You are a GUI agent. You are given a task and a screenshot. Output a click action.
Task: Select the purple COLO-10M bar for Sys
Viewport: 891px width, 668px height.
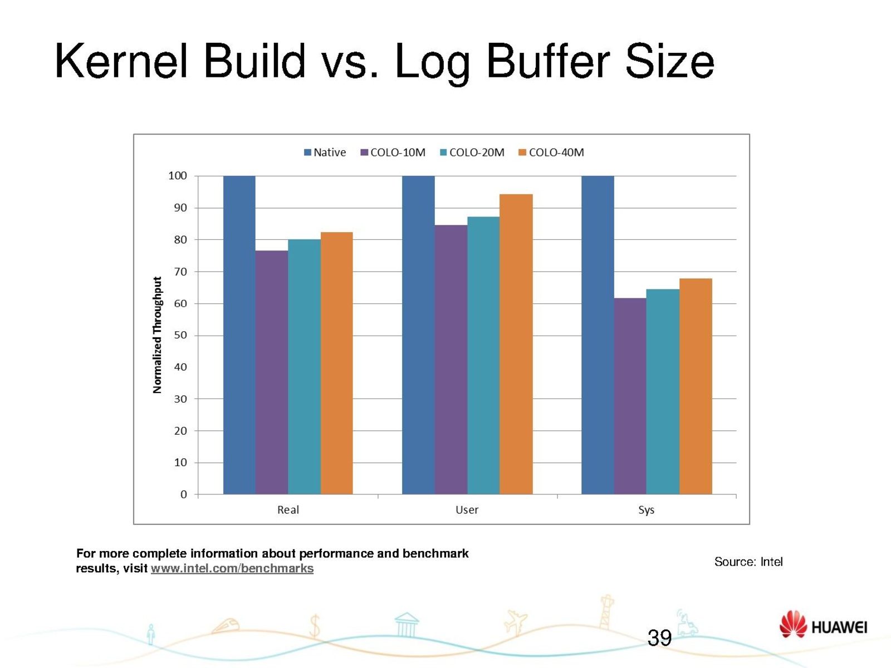(x=630, y=396)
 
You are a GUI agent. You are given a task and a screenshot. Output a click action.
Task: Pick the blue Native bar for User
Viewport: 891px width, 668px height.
(x=418, y=335)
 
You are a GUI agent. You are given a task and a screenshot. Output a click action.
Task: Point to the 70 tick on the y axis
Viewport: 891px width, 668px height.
(x=180, y=272)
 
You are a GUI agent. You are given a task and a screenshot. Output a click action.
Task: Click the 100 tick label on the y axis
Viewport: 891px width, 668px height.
(x=177, y=176)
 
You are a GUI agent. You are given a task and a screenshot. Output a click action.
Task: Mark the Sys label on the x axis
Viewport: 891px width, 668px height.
(x=646, y=510)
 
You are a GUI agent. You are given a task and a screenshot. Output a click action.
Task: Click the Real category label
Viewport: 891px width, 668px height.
(x=288, y=510)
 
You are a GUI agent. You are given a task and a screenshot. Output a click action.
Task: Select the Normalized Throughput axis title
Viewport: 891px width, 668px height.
(x=157, y=335)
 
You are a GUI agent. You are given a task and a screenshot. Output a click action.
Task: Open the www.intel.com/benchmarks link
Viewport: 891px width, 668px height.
(x=232, y=568)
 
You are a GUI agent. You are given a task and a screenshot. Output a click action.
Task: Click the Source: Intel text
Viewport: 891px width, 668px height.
(x=748, y=562)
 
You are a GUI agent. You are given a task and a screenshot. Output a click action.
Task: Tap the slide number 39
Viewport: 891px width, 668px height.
(x=659, y=638)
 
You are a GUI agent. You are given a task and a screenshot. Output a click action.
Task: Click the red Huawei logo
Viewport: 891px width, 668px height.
(x=793, y=624)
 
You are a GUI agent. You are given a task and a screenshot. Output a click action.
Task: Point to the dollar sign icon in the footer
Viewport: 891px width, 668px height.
(x=315, y=626)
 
